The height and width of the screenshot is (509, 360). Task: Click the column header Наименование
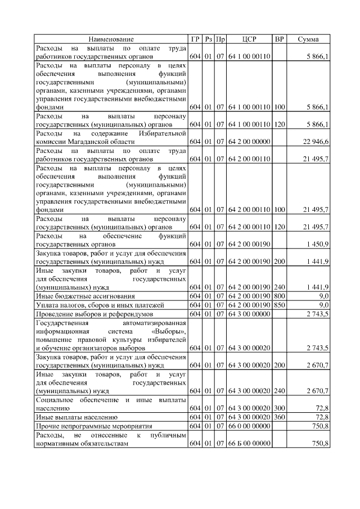pyautogui.click(x=111, y=39)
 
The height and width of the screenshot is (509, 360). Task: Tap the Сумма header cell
pyautogui.click(x=308, y=39)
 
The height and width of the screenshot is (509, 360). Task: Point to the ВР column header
pyautogui.click(x=279, y=39)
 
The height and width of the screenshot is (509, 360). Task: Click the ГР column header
pyautogui.click(x=195, y=39)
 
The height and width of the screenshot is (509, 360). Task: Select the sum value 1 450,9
pyautogui.click(x=318, y=245)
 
